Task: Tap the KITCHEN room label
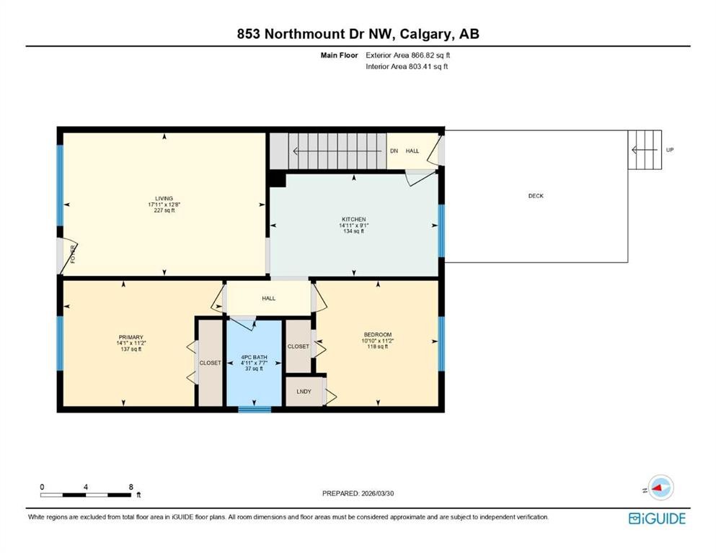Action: [353, 219]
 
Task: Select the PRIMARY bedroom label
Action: [131, 337]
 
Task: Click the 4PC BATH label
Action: [254, 358]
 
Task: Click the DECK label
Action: [535, 196]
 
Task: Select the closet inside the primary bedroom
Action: [210, 363]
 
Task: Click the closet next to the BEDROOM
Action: [298, 346]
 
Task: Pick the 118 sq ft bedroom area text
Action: [377, 347]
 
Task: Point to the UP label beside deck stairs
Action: [670, 150]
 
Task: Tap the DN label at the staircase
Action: [394, 150]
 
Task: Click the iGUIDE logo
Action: [657, 518]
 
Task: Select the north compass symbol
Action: [660, 487]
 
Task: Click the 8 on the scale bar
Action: [131, 487]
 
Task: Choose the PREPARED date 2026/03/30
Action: [358, 493]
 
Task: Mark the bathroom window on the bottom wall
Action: [255, 410]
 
